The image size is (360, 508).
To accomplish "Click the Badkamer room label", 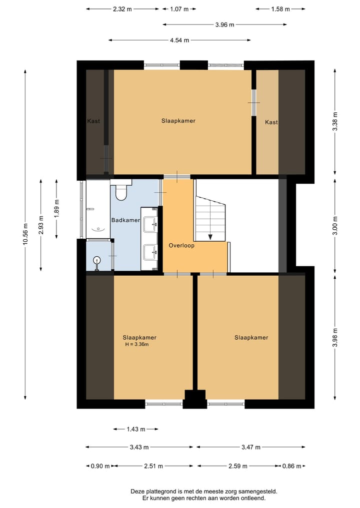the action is tap(125, 220).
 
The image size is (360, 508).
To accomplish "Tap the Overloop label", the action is tap(181, 246).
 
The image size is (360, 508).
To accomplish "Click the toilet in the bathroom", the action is tap(121, 190).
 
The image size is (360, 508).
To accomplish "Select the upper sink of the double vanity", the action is tap(150, 224).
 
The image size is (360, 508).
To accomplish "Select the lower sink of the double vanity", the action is tap(150, 252).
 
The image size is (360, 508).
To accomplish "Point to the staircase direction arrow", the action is tap(210, 236).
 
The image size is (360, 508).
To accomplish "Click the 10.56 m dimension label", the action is tap(25, 234).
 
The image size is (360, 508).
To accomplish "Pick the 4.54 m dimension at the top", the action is tap(179, 40).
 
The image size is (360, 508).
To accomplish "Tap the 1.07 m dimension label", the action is tap(179, 9).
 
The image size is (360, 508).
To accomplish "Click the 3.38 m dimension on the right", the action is tap(335, 121).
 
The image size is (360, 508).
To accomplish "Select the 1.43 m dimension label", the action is tap(136, 429).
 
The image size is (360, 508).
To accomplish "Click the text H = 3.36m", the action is tap(137, 344).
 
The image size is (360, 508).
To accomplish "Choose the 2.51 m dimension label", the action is tap(153, 466).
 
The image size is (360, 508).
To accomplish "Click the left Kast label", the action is tap(93, 121).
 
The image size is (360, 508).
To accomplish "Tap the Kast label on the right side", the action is tap(271, 122).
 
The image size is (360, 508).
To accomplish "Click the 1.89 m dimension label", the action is tap(57, 209).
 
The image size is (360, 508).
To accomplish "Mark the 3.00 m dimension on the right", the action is tap(335, 225).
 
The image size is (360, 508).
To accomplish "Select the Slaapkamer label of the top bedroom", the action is tap(178, 121).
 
